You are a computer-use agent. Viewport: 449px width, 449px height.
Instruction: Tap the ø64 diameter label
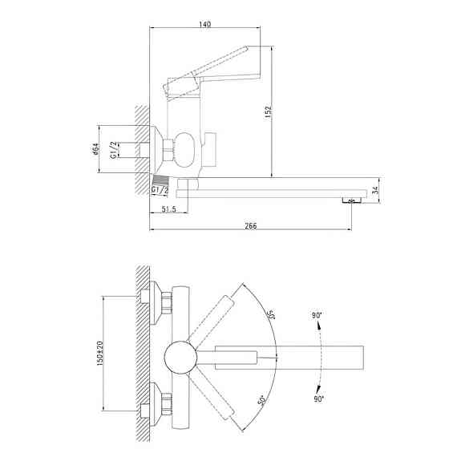point(95,150)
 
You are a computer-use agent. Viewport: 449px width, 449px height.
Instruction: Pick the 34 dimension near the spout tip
point(387,191)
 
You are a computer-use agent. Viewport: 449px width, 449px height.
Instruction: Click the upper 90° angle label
point(318,316)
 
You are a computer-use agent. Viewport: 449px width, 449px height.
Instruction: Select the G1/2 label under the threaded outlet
point(160,189)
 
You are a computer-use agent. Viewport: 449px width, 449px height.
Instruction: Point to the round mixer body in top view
point(180,356)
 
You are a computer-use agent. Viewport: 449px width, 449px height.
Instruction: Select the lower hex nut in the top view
point(166,405)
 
